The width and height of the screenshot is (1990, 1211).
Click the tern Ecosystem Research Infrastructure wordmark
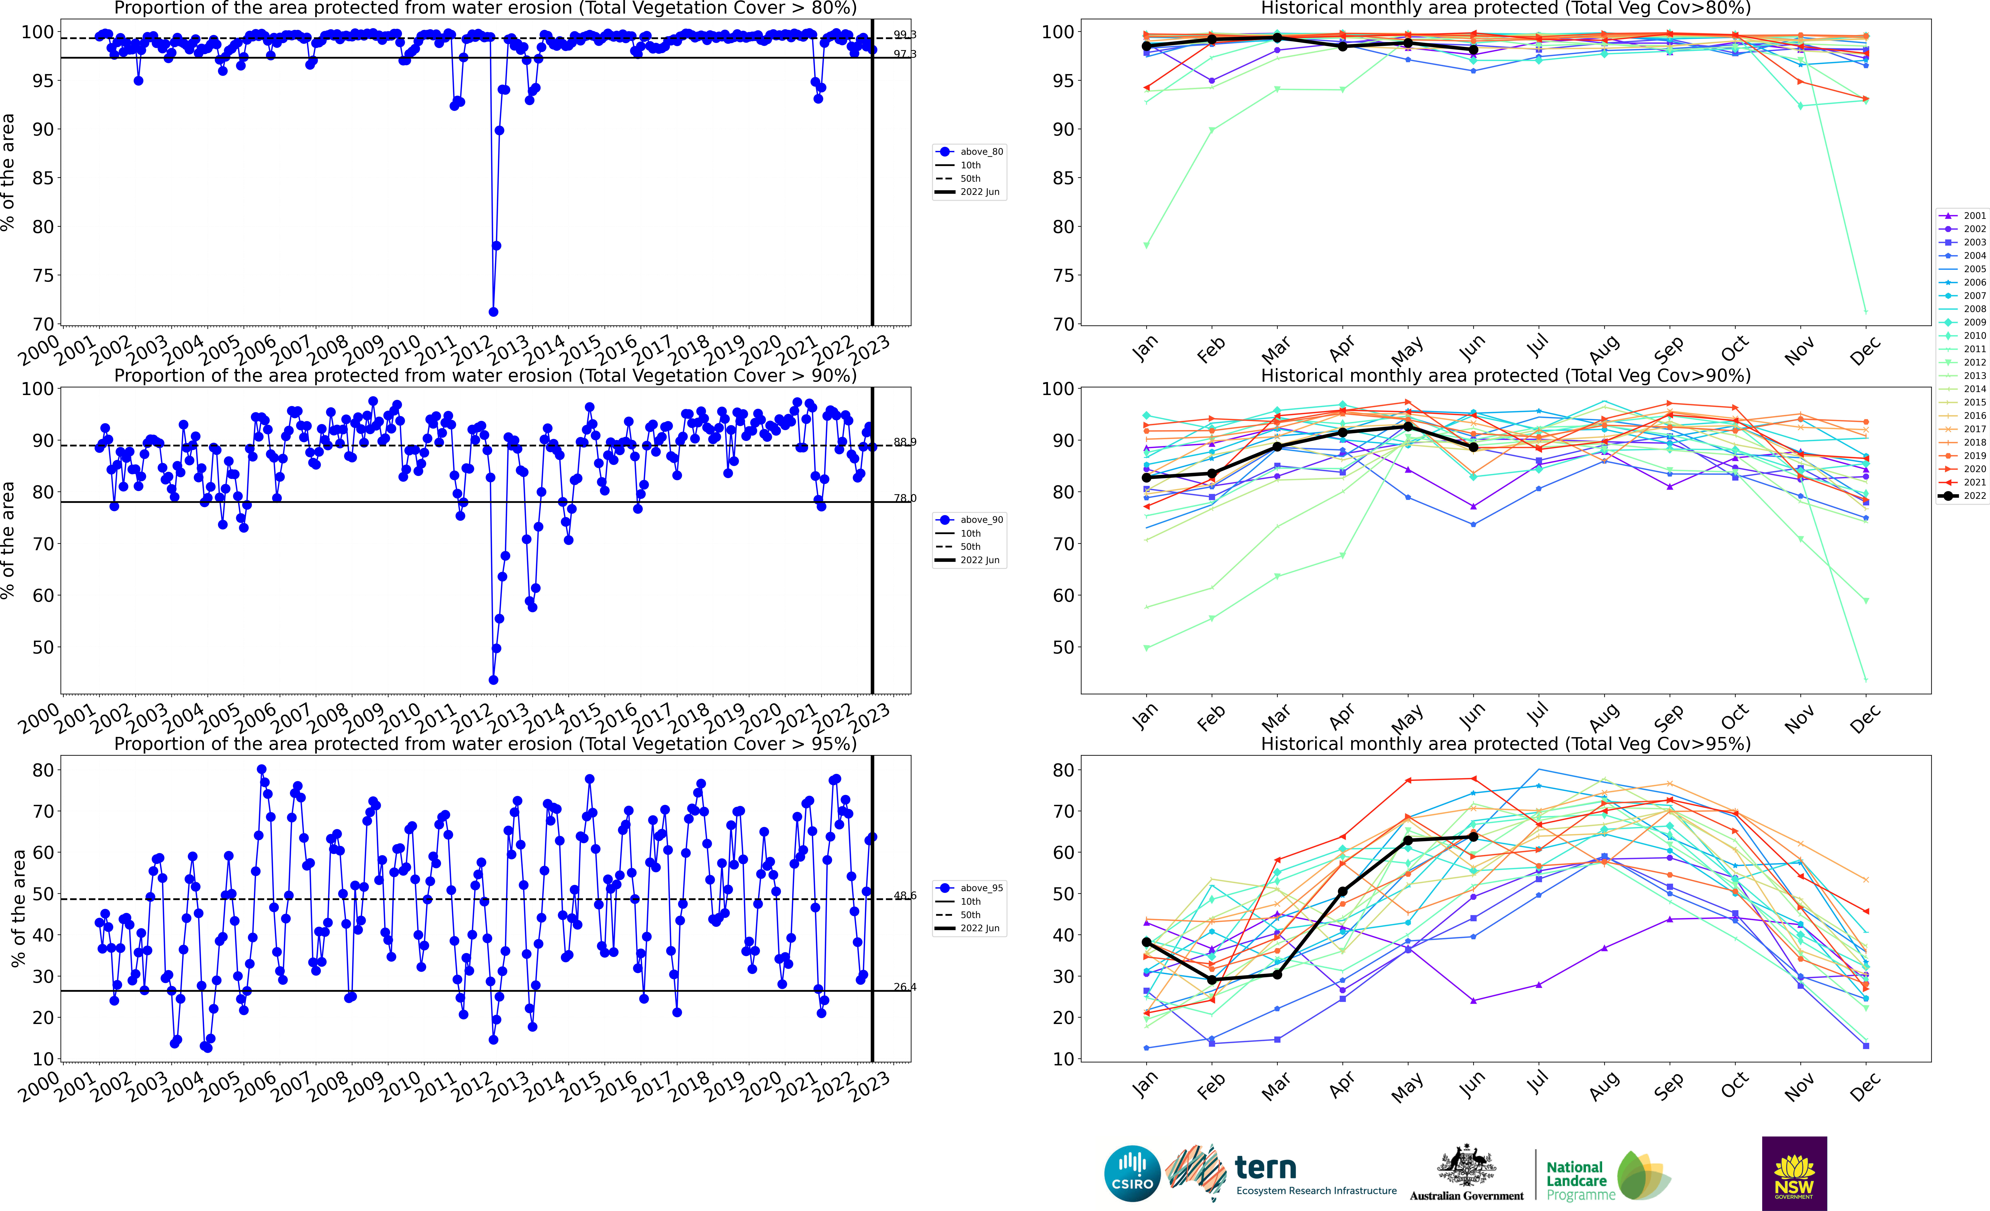click(x=1316, y=1175)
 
